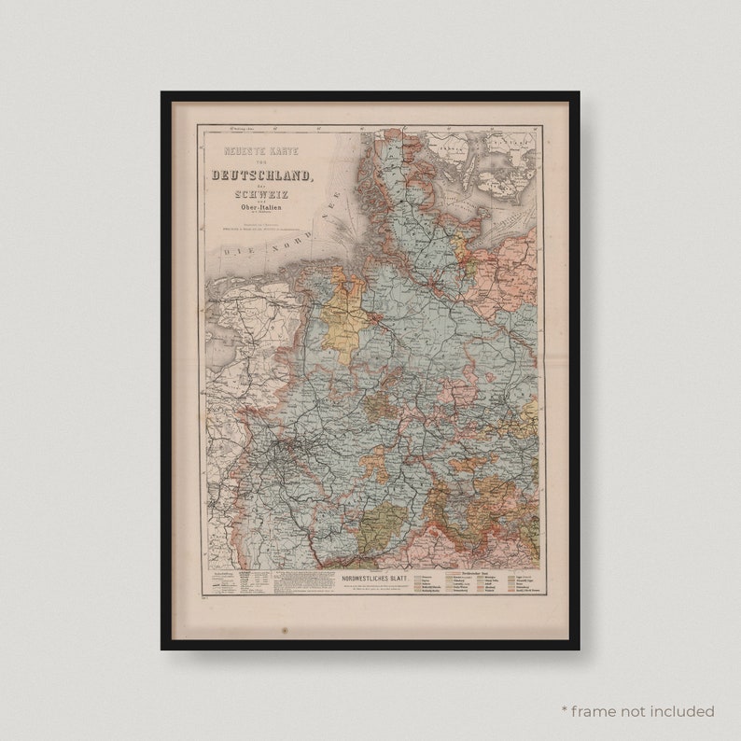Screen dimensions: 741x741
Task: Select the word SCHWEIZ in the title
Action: (261, 196)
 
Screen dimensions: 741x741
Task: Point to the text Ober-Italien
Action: (262, 209)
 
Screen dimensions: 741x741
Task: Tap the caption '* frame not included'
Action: (637, 711)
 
